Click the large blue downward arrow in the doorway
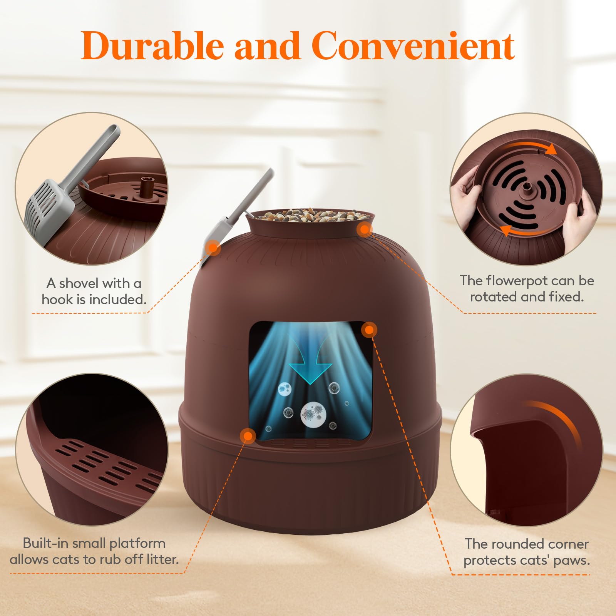point(310,366)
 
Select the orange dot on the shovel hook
point(213,248)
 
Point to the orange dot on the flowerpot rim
point(364,230)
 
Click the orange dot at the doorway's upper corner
point(369,330)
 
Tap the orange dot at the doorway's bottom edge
point(248,436)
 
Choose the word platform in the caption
point(137,543)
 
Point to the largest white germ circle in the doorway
point(313,415)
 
